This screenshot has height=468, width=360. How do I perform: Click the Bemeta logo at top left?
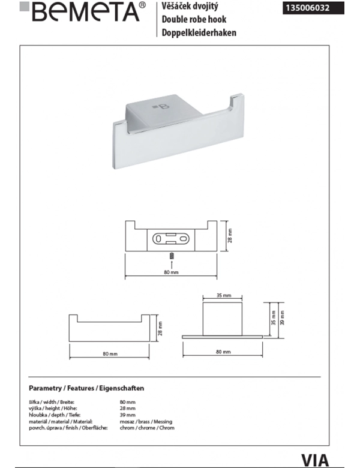(x=83, y=12)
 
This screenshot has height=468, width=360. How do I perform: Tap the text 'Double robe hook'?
(x=194, y=19)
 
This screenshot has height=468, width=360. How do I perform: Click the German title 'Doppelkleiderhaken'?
(x=199, y=32)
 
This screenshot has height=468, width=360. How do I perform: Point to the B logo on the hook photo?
(x=161, y=107)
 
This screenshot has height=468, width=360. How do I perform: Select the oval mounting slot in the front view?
(x=171, y=239)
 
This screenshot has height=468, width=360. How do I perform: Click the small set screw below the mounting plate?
(x=172, y=256)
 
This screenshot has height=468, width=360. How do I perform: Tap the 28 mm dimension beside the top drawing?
(x=230, y=235)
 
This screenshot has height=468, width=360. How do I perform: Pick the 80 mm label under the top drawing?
(x=171, y=272)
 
